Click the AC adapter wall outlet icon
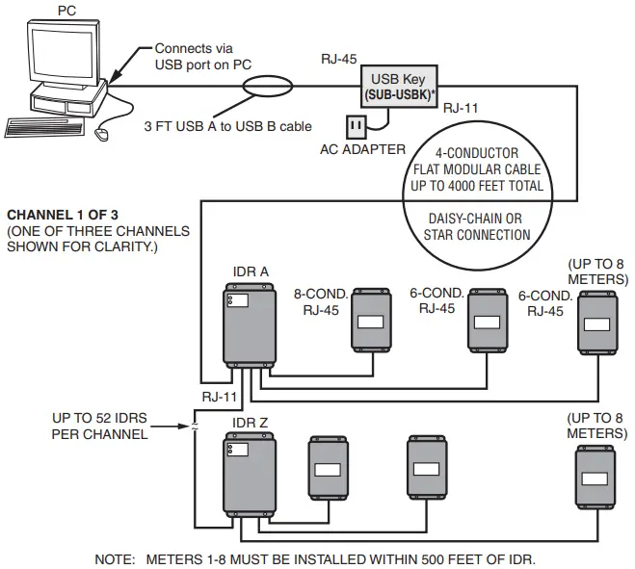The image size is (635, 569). (x=356, y=126)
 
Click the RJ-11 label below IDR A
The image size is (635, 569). (x=221, y=396)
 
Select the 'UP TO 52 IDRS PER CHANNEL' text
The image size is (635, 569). (x=101, y=427)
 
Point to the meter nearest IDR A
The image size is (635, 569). (x=371, y=318)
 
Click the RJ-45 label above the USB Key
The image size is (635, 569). (x=339, y=59)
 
